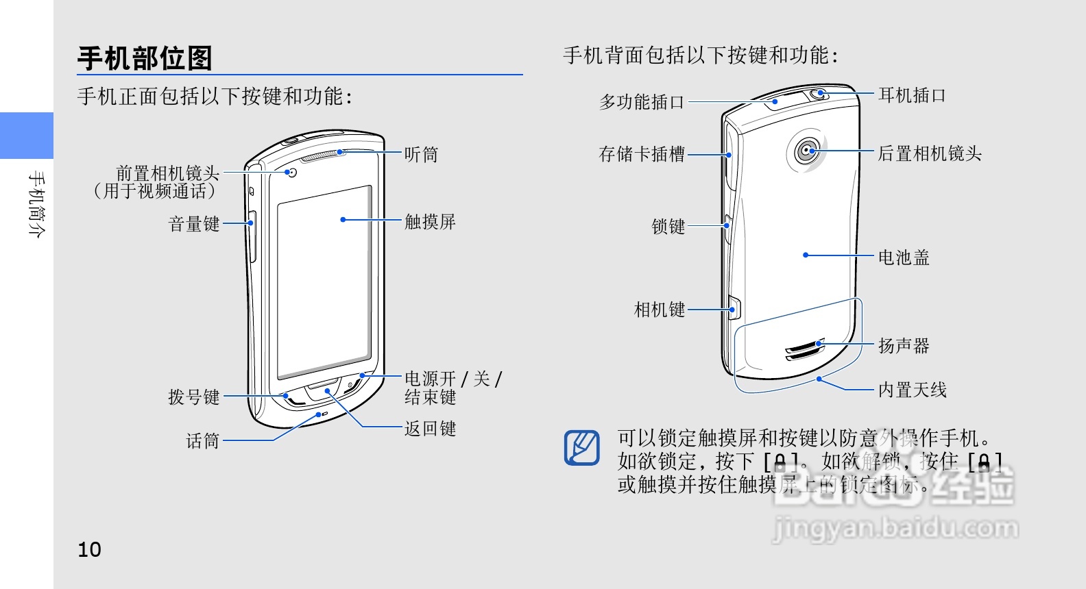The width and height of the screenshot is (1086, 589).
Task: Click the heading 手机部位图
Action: pos(145,58)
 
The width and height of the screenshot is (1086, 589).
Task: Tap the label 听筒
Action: pos(420,155)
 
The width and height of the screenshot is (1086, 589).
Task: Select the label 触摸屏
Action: pos(430,221)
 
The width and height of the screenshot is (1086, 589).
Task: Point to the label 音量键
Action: pos(194,224)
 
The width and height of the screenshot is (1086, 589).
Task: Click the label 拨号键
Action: pos(194,397)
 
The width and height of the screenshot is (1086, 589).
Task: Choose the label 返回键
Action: pos(430,429)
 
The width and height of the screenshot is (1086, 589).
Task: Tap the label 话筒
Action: pos(203,441)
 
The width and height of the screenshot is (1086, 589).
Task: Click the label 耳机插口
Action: pos(912,95)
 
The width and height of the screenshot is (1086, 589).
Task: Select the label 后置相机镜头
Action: pos(930,153)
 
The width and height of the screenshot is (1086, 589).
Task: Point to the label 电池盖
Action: pos(904,258)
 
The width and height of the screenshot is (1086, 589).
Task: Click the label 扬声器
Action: pos(904,346)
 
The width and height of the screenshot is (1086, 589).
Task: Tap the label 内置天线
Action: pos(913,390)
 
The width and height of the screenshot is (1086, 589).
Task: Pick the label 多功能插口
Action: pos(642,102)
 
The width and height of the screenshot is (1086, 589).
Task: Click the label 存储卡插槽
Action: pos(642,154)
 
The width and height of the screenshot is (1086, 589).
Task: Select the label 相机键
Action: pos(659,310)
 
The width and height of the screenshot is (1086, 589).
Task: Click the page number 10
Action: pos(89,549)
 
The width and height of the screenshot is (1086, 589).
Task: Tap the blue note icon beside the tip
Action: pos(581,447)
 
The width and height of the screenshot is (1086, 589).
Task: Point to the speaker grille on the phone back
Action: pos(806,349)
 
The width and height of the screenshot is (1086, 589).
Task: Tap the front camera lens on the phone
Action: pos(293,173)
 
